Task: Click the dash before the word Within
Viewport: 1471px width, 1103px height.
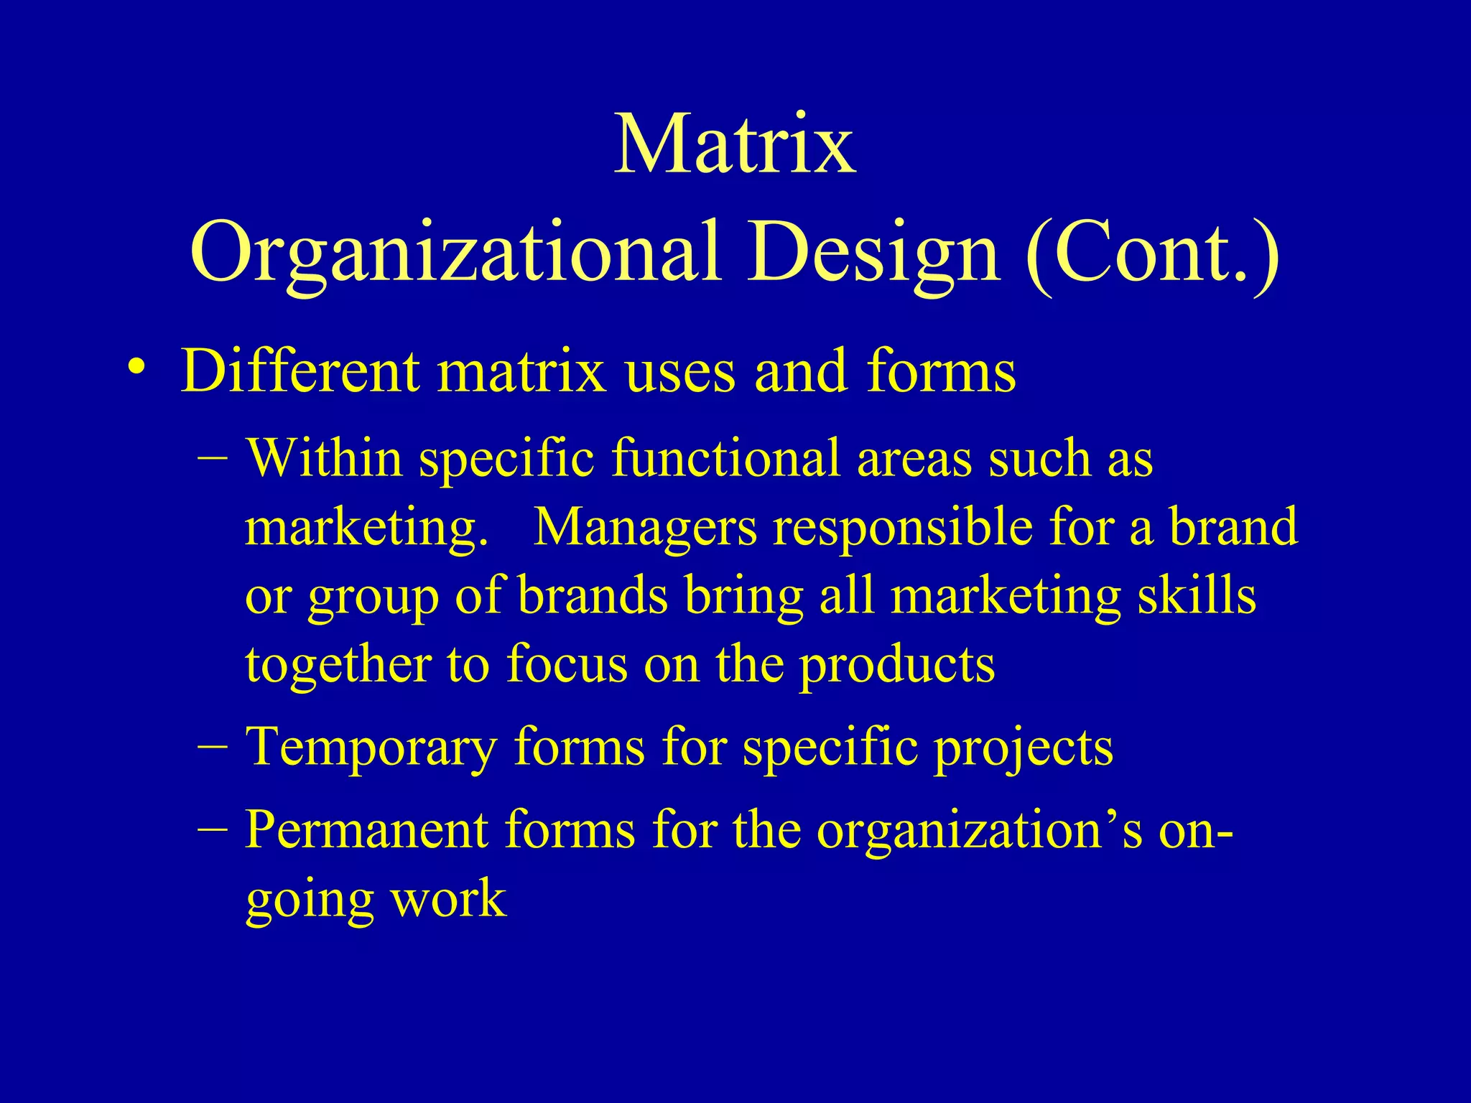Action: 213,458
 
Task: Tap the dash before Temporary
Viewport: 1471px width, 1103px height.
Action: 213,747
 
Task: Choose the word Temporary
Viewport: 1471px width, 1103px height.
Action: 371,749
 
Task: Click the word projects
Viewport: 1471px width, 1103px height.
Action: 1023,749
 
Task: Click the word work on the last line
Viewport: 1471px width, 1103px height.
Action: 449,899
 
